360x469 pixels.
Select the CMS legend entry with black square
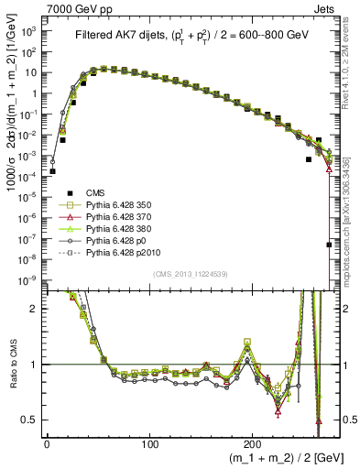point(96,217)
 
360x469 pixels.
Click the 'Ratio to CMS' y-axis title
point(10,365)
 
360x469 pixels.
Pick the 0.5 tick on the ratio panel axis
point(29,420)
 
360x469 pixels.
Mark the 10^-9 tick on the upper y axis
point(27,278)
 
